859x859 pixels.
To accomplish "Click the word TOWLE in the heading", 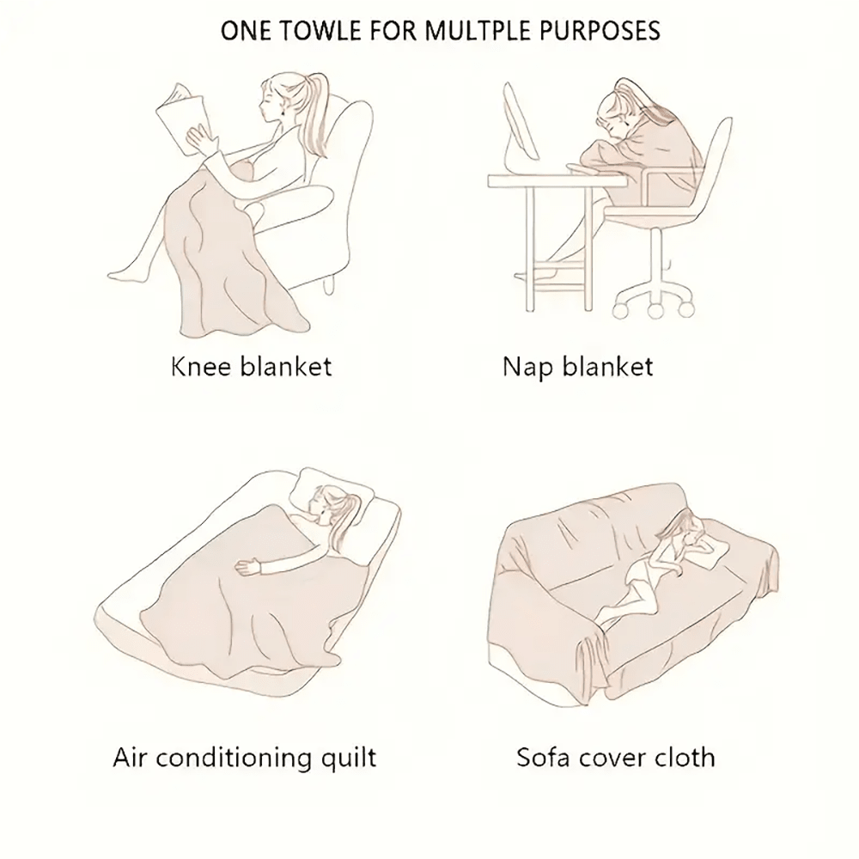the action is click(x=307, y=31).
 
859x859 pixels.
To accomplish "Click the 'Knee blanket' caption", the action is click(x=252, y=367).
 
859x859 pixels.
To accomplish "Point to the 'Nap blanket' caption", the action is click(x=577, y=368).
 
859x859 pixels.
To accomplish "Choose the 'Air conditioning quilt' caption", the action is click(x=244, y=758).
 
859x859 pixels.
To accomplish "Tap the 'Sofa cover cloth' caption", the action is click(x=615, y=758).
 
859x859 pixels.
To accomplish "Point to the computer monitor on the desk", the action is click(x=521, y=124).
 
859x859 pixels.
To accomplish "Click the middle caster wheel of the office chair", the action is click(x=655, y=311).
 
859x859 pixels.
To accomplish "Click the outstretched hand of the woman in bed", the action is click(x=246, y=568).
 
